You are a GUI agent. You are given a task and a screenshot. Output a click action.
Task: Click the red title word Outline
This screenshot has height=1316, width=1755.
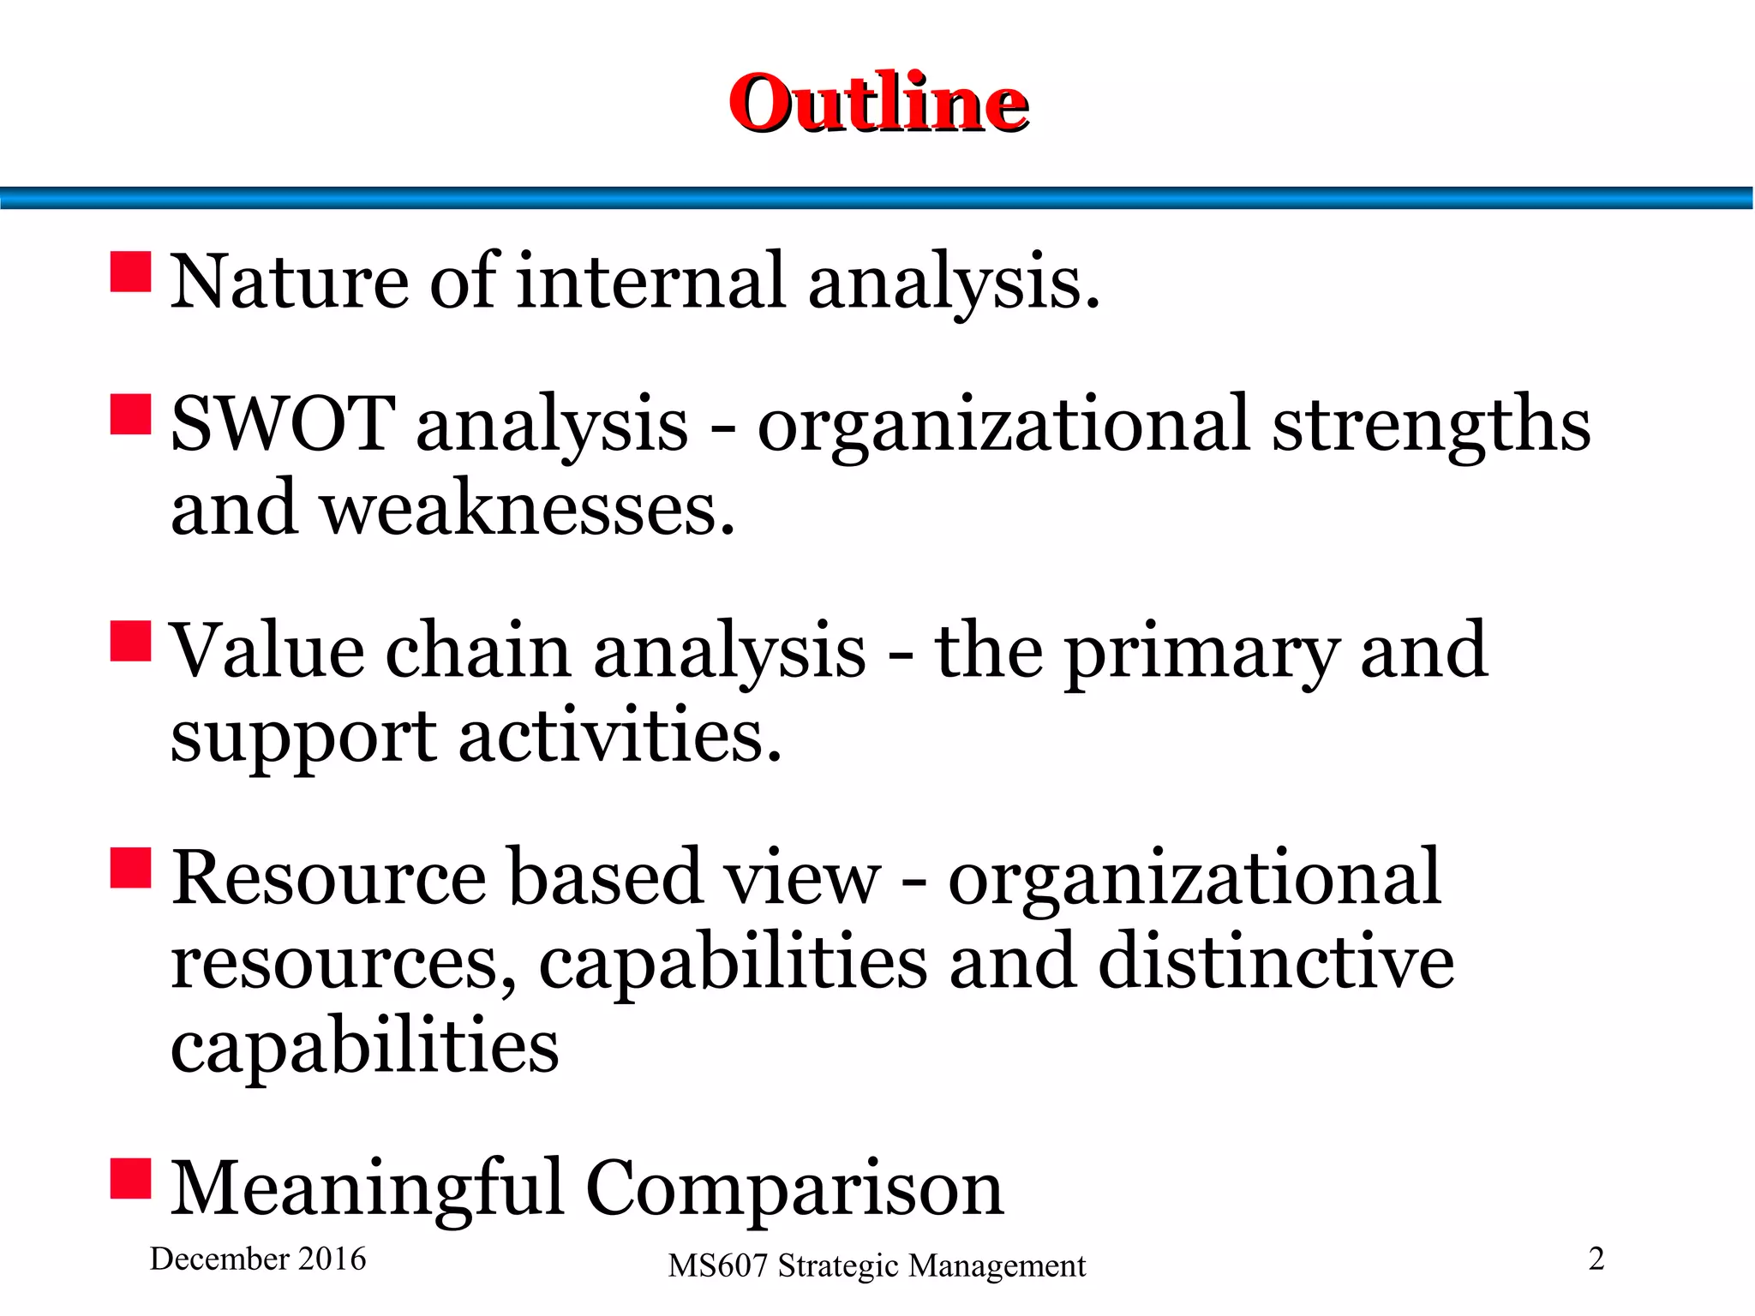878,103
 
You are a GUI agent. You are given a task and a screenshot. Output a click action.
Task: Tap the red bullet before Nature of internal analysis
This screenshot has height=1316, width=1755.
131,272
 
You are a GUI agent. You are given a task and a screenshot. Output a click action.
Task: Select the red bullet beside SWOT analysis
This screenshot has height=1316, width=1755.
131,415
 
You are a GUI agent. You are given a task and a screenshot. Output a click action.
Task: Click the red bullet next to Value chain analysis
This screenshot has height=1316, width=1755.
131,642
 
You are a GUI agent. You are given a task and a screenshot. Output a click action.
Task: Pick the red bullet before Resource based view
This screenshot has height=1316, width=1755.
131,868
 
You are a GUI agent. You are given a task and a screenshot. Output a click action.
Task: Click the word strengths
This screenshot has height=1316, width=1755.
1430,425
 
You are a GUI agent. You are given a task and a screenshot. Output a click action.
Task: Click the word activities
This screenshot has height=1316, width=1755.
620,736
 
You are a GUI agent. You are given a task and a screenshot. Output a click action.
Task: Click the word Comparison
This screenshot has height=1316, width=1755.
794,1189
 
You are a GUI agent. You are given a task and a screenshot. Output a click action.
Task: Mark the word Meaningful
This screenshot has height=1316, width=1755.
368,1189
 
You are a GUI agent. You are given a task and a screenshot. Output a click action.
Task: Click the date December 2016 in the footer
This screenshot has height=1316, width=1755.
258,1259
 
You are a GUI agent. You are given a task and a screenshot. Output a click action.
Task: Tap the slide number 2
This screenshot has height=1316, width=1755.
1596,1259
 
